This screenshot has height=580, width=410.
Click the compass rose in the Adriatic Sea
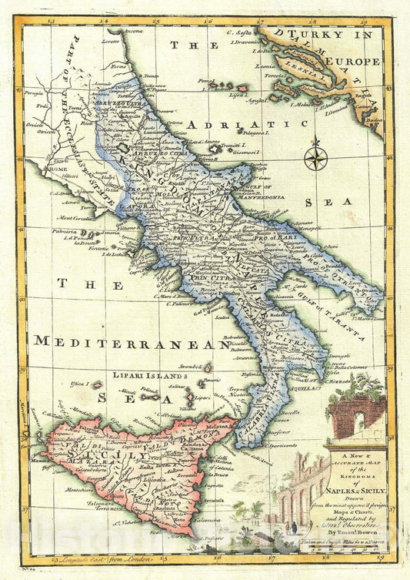click(315, 157)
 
